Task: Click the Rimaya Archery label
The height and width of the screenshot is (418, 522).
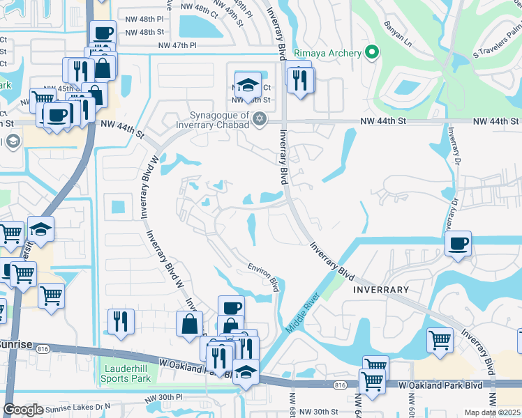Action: tap(327, 53)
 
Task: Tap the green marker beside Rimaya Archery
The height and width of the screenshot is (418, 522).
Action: tap(372, 53)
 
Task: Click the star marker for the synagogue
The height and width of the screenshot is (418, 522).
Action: tap(260, 118)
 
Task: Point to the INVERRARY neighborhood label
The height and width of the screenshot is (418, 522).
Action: tap(380, 288)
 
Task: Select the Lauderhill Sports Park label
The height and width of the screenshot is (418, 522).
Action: tap(126, 373)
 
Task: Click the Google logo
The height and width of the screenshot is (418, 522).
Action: tap(23, 410)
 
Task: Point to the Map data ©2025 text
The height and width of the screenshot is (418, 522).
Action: tap(492, 412)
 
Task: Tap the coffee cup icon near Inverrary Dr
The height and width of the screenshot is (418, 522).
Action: tap(458, 244)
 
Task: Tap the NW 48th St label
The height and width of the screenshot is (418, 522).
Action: tap(147, 32)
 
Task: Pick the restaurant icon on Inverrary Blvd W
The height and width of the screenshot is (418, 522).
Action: tap(121, 320)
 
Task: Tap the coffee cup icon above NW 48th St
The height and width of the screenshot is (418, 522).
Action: tap(103, 33)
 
